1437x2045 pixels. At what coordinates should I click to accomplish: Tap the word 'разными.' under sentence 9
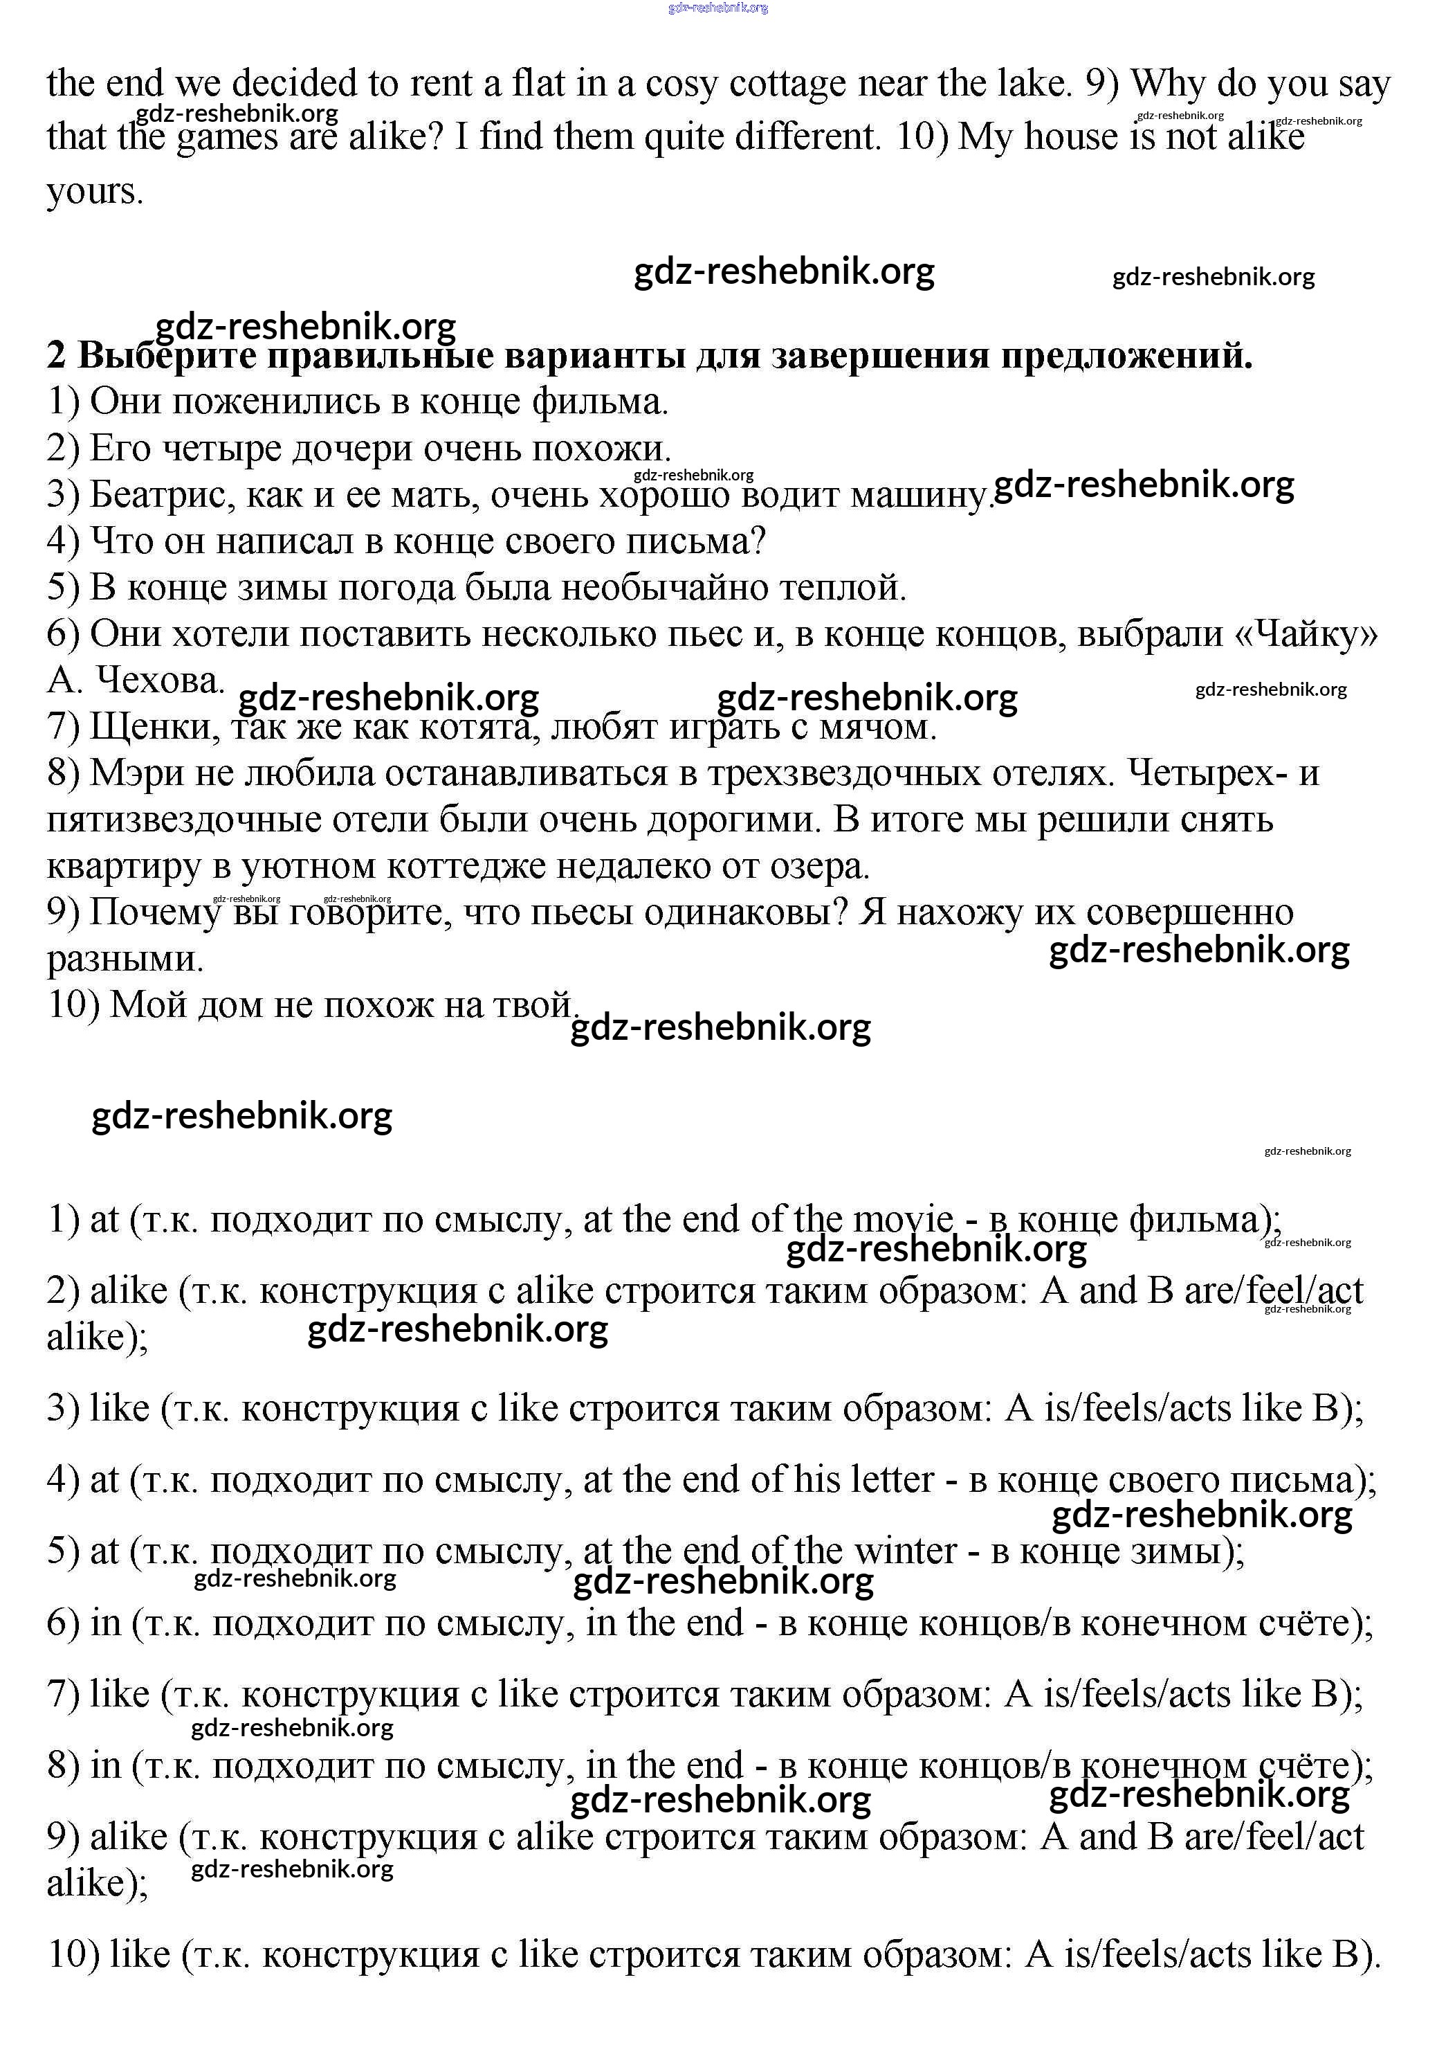(125, 958)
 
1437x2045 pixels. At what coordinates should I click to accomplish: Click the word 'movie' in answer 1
(903, 1218)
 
